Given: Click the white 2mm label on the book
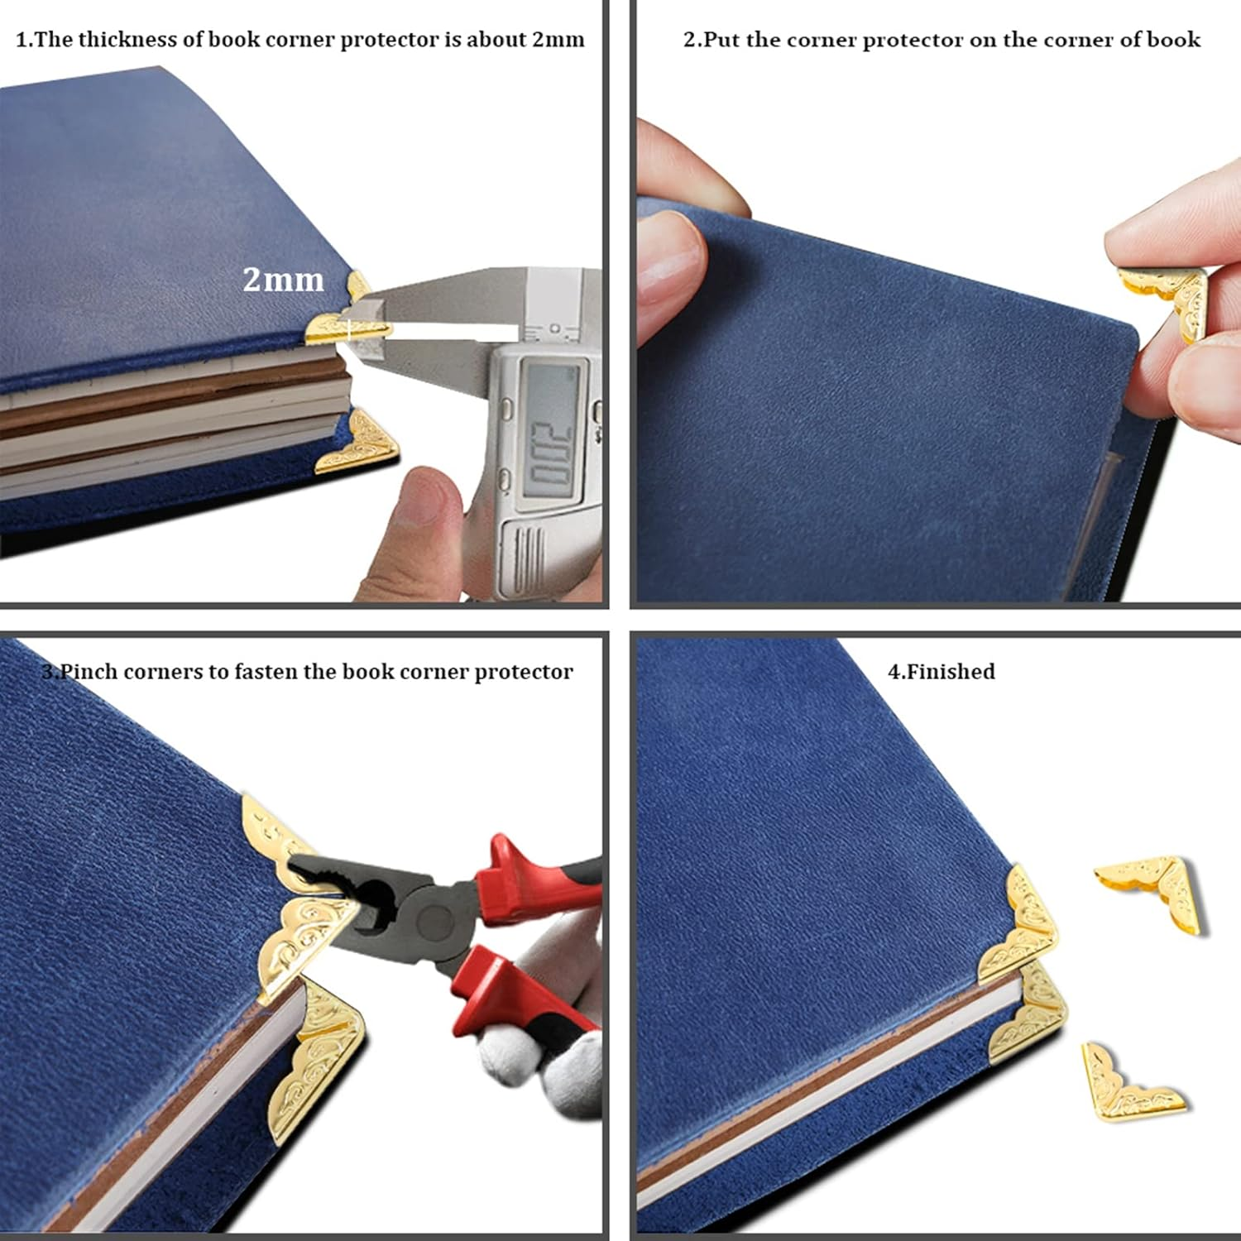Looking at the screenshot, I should [x=283, y=280].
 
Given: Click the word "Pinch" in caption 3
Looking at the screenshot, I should [x=89, y=671].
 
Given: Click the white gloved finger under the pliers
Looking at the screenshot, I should [x=529, y=1059].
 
